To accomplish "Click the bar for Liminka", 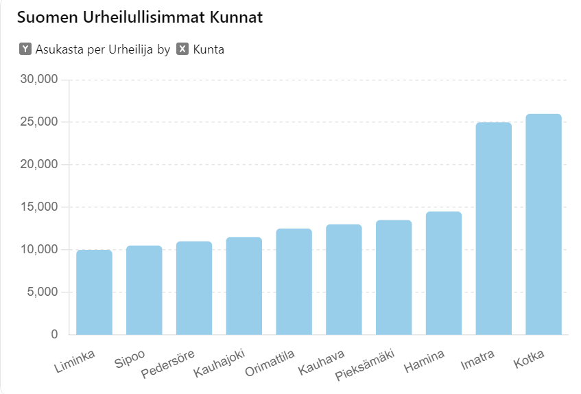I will tap(94, 292).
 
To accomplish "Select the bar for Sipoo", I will tap(144, 290).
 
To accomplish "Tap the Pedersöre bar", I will tap(194, 288).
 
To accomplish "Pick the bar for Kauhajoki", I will tap(244, 286).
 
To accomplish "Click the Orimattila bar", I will tap(294, 282).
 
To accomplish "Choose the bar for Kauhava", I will tap(344, 280).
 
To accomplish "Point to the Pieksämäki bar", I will tap(394, 278).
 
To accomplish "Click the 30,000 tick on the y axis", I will tap(40, 80).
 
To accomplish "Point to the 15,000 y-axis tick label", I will tap(40, 207).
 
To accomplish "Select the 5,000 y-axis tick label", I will tap(43, 292).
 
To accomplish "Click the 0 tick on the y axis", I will tap(54, 335).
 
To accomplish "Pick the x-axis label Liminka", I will tap(76, 362).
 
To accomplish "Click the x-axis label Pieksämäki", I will tap(365, 366).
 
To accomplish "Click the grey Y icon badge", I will tap(25, 49).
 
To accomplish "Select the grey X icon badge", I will tap(182, 49).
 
